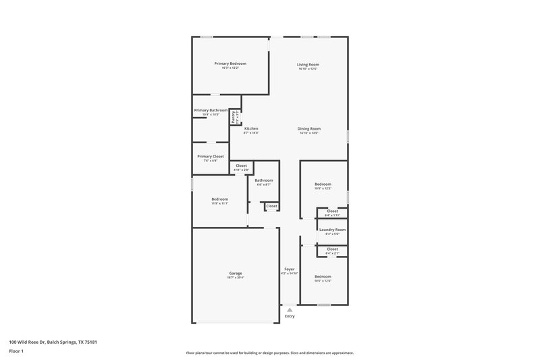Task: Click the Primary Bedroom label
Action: point(225,63)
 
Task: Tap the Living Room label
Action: point(308,63)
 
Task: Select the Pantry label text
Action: point(234,117)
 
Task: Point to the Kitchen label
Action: point(251,128)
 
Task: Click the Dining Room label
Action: point(309,128)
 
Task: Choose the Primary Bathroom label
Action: point(211,110)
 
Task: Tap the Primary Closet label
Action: point(211,156)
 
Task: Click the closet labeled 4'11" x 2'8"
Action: point(241,165)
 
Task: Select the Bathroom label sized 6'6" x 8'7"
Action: point(264,180)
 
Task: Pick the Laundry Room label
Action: point(332,230)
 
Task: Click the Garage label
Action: point(235,273)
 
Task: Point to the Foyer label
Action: point(289,269)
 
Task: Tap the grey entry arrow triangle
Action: point(290,309)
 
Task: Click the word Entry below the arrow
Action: point(290,316)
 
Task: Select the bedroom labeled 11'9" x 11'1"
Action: point(219,199)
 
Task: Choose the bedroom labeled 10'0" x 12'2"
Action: point(323,184)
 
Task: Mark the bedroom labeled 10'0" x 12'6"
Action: point(323,276)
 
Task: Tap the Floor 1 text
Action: point(17,351)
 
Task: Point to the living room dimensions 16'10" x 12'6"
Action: point(308,68)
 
